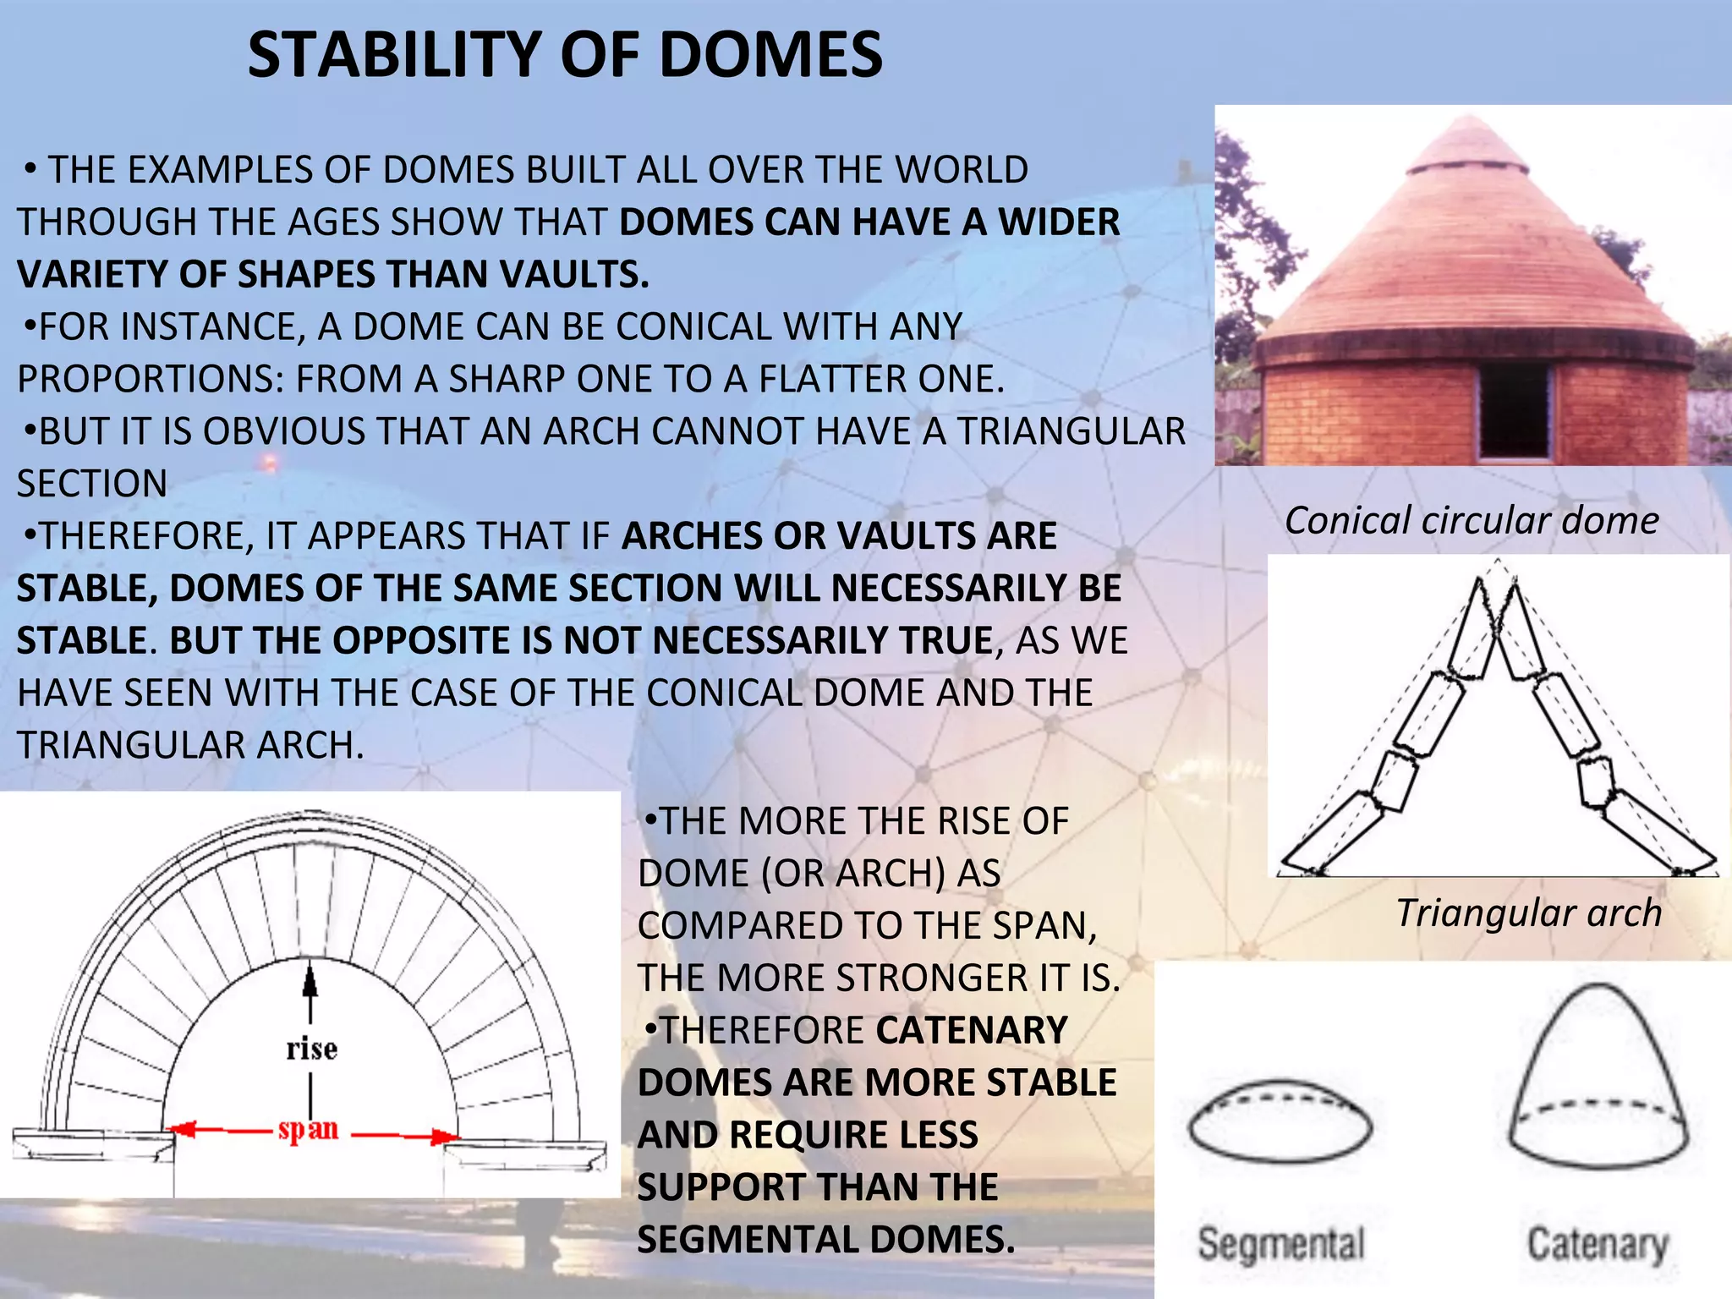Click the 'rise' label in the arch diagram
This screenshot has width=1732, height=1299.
311,1050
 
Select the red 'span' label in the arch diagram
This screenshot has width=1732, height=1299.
309,1129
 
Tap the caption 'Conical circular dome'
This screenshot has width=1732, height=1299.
1472,520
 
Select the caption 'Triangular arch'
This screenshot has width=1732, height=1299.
1528,913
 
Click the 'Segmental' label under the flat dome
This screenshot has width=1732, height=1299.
1281,1244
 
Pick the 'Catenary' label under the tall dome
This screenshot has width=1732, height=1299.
1597,1244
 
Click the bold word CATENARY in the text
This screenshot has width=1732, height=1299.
972,1031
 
